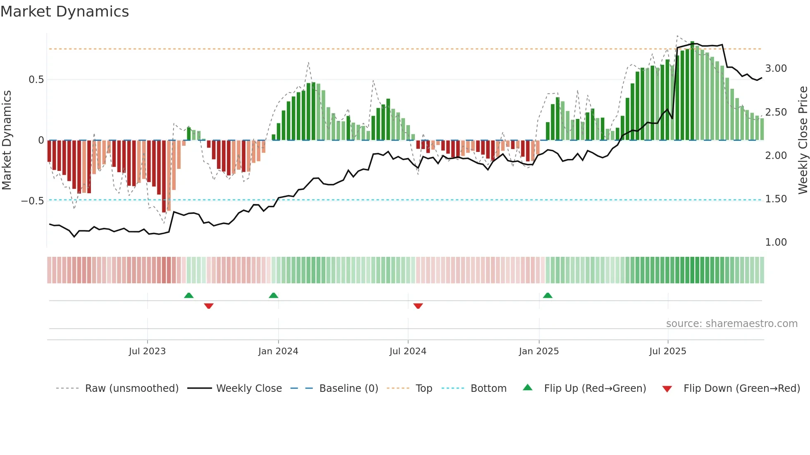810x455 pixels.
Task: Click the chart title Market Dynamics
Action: point(65,12)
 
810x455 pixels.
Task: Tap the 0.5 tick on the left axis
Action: point(36,80)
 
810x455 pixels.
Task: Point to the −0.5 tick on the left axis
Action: point(33,201)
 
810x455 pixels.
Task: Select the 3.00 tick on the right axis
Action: point(776,69)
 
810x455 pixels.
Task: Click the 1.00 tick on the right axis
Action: point(776,242)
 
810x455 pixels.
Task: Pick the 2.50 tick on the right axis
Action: point(776,112)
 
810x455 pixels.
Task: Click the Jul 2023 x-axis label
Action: point(147,351)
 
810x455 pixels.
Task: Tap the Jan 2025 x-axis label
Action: point(538,351)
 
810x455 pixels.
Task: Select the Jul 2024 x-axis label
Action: point(407,351)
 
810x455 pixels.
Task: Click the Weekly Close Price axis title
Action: point(803,140)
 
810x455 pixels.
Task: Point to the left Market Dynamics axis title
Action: point(7,140)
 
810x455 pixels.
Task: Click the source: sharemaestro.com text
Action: point(731,324)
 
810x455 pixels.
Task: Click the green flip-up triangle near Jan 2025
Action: point(548,295)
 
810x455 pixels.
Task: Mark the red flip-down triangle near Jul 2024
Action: point(418,306)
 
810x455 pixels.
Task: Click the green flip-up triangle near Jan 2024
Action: point(273,295)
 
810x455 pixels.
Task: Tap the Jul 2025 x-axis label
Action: point(667,351)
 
